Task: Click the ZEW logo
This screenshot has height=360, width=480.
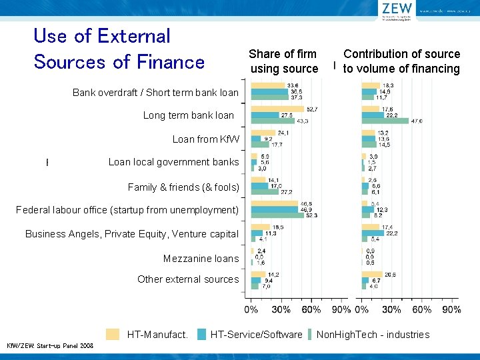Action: click(x=398, y=10)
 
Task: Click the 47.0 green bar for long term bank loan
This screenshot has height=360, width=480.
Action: click(x=385, y=121)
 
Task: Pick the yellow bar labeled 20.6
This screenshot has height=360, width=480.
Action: click(x=371, y=275)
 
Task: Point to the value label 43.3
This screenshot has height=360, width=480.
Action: click(x=302, y=121)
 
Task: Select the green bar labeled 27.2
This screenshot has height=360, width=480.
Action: click(x=265, y=192)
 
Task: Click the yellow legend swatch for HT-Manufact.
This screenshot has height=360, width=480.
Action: click(x=114, y=334)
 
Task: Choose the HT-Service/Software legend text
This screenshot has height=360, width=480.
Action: click(x=256, y=335)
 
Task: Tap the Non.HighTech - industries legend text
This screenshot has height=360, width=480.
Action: click(x=373, y=335)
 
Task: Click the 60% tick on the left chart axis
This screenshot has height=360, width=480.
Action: click(x=311, y=309)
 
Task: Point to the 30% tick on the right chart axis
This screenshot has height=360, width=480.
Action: click(x=391, y=309)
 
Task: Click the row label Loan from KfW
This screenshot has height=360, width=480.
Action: click(x=205, y=139)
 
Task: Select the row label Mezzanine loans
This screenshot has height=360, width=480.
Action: click(x=201, y=259)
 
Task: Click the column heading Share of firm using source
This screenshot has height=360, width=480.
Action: click(x=283, y=61)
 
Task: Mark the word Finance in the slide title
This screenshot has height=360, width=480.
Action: click(x=172, y=62)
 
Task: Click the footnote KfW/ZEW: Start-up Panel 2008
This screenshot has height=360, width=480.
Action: click(x=50, y=345)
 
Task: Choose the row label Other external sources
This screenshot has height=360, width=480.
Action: click(x=187, y=279)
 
